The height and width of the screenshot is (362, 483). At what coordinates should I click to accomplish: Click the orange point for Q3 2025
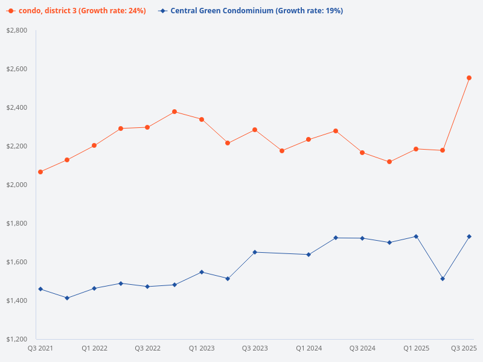(x=469, y=78)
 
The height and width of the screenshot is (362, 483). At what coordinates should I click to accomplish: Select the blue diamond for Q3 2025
(x=469, y=237)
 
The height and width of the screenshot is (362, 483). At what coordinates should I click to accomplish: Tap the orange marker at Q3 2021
(x=40, y=172)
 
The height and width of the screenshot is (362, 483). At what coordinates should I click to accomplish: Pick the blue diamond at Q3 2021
(x=40, y=289)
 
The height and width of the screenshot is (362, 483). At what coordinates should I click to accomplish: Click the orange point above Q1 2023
(x=202, y=119)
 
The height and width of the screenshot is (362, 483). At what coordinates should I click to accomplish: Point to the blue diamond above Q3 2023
(x=255, y=252)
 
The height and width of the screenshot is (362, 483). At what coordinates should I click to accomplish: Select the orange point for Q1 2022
(x=94, y=145)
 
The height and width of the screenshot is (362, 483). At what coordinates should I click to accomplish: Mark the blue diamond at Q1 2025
(x=416, y=237)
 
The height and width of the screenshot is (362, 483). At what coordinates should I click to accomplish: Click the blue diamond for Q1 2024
(x=309, y=255)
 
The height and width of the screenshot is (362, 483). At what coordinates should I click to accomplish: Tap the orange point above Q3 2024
(x=362, y=153)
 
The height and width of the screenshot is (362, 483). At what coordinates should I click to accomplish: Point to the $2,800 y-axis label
(x=17, y=30)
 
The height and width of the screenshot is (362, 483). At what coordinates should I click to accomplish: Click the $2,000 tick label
(x=17, y=185)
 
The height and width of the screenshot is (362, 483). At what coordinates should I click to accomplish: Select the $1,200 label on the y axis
(x=17, y=339)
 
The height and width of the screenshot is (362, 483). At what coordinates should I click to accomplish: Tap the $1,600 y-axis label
(x=17, y=262)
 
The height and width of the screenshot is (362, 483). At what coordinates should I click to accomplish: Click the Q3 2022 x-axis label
(x=147, y=348)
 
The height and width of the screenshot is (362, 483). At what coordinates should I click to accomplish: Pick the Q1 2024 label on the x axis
(x=309, y=348)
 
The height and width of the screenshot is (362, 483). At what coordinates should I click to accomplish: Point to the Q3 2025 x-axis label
(x=464, y=348)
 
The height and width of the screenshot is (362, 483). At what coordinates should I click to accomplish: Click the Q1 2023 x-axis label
(x=201, y=348)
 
